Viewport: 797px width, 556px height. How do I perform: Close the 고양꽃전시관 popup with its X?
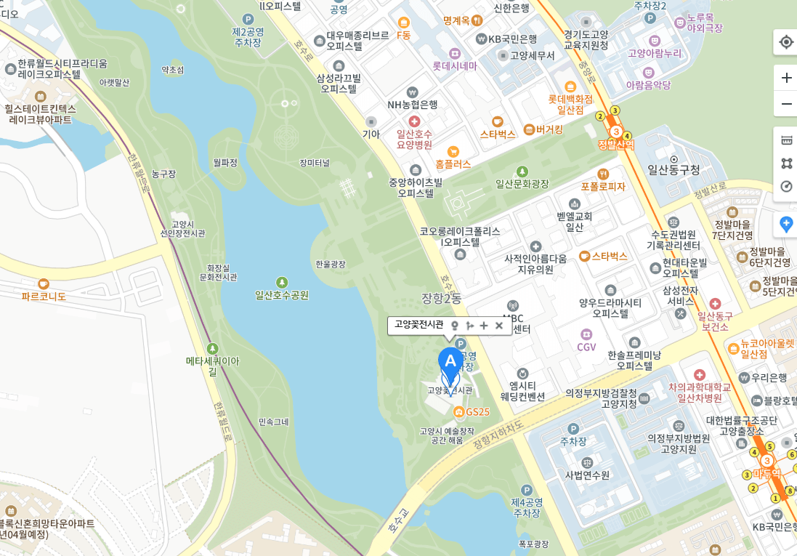click(499, 326)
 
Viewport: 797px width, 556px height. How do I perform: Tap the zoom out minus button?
click(786, 104)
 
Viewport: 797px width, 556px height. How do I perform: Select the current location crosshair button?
click(786, 42)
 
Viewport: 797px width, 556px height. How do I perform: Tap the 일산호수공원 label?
click(282, 295)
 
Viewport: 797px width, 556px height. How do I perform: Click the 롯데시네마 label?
click(455, 65)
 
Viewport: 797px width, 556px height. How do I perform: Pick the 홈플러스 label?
click(453, 164)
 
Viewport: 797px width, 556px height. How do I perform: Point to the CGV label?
click(586, 347)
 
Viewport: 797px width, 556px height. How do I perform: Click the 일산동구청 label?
click(673, 169)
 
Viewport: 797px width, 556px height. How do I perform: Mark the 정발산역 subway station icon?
click(615, 132)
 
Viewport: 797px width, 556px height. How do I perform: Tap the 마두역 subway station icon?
click(766, 461)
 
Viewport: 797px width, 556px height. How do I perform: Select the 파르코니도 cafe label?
click(44, 297)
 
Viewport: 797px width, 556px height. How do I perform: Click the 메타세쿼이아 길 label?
click(212, 366)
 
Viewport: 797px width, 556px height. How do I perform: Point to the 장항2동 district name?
click(442, 298)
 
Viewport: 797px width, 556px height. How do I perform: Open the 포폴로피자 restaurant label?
click(603, 186)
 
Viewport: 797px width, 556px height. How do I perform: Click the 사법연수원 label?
click(587, 475)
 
